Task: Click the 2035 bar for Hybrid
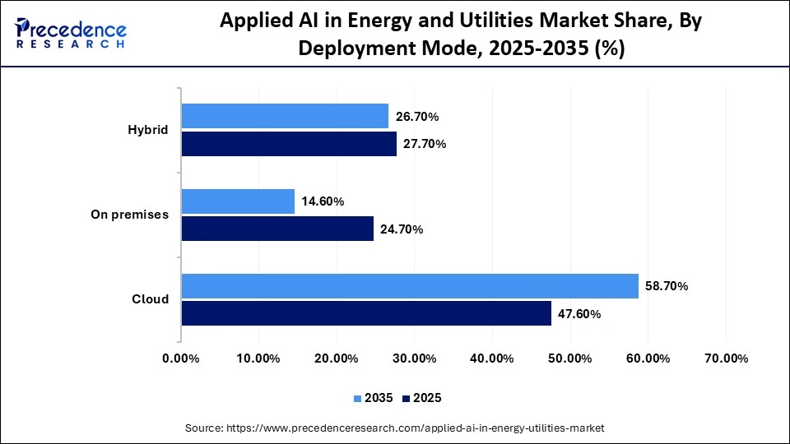point(285,117)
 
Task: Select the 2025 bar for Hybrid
point(289,144)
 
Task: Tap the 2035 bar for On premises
point(238,201)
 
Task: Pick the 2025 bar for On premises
point(277,229)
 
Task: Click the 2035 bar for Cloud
point(410,286)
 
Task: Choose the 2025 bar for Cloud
point(366,313)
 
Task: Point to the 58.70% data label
point(667,286)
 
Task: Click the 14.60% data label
point(323,201)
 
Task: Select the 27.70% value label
point(425,144)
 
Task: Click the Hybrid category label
point(148,130)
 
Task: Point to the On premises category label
point(129,215)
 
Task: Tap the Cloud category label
point(151,299)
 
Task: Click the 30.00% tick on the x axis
point(414,358)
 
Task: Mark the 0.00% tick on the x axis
point(181,358)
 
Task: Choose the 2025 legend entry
point(421,398)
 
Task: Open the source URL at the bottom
point(395,428)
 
